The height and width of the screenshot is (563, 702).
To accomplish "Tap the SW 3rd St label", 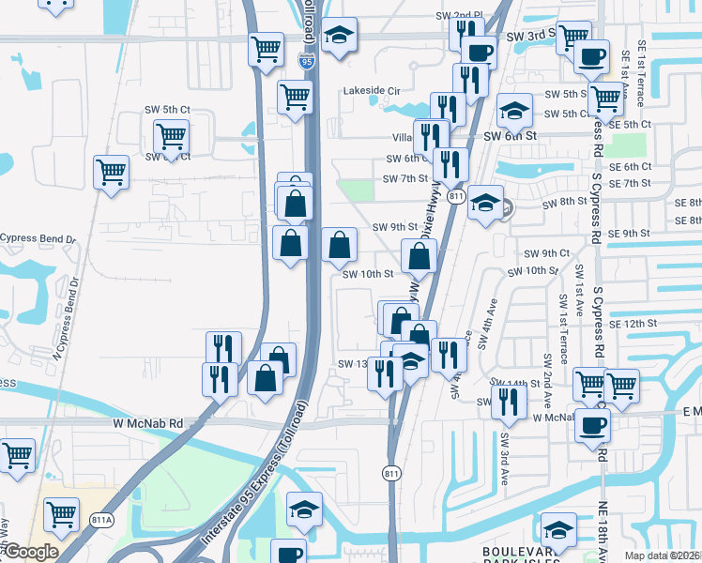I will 531,35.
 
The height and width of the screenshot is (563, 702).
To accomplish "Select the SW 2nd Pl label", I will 457,16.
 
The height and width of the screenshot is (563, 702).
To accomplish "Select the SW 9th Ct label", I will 546,253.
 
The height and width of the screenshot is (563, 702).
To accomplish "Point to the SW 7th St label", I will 404,178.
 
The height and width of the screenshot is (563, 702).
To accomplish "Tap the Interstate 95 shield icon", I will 307,62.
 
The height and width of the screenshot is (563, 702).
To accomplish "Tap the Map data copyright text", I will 662,555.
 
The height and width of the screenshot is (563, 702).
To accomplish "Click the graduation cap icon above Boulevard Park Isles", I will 558,529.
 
